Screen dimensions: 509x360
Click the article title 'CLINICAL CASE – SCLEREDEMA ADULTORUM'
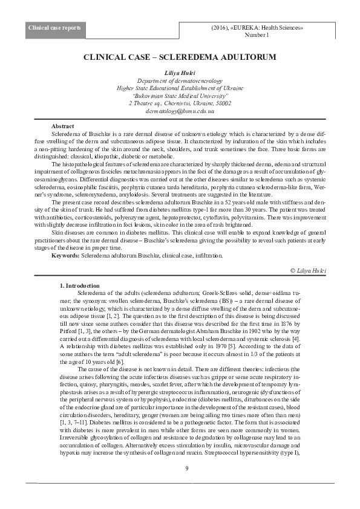(x=180, y=57)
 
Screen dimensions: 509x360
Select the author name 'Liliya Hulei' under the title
(x=180, y=73)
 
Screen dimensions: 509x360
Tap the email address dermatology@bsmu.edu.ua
(x=180, y=111)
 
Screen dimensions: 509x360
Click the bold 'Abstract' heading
(x=63, y=125)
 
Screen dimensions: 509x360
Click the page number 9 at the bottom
(x=187, y=468)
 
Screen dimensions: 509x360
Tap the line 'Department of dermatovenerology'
(x=180, y=80)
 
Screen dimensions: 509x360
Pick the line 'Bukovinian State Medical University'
(x=180, y=96)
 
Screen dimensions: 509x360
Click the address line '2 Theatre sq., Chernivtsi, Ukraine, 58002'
(x=180, y=103)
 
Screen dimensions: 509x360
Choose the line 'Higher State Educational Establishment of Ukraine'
(x=180, y=88)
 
